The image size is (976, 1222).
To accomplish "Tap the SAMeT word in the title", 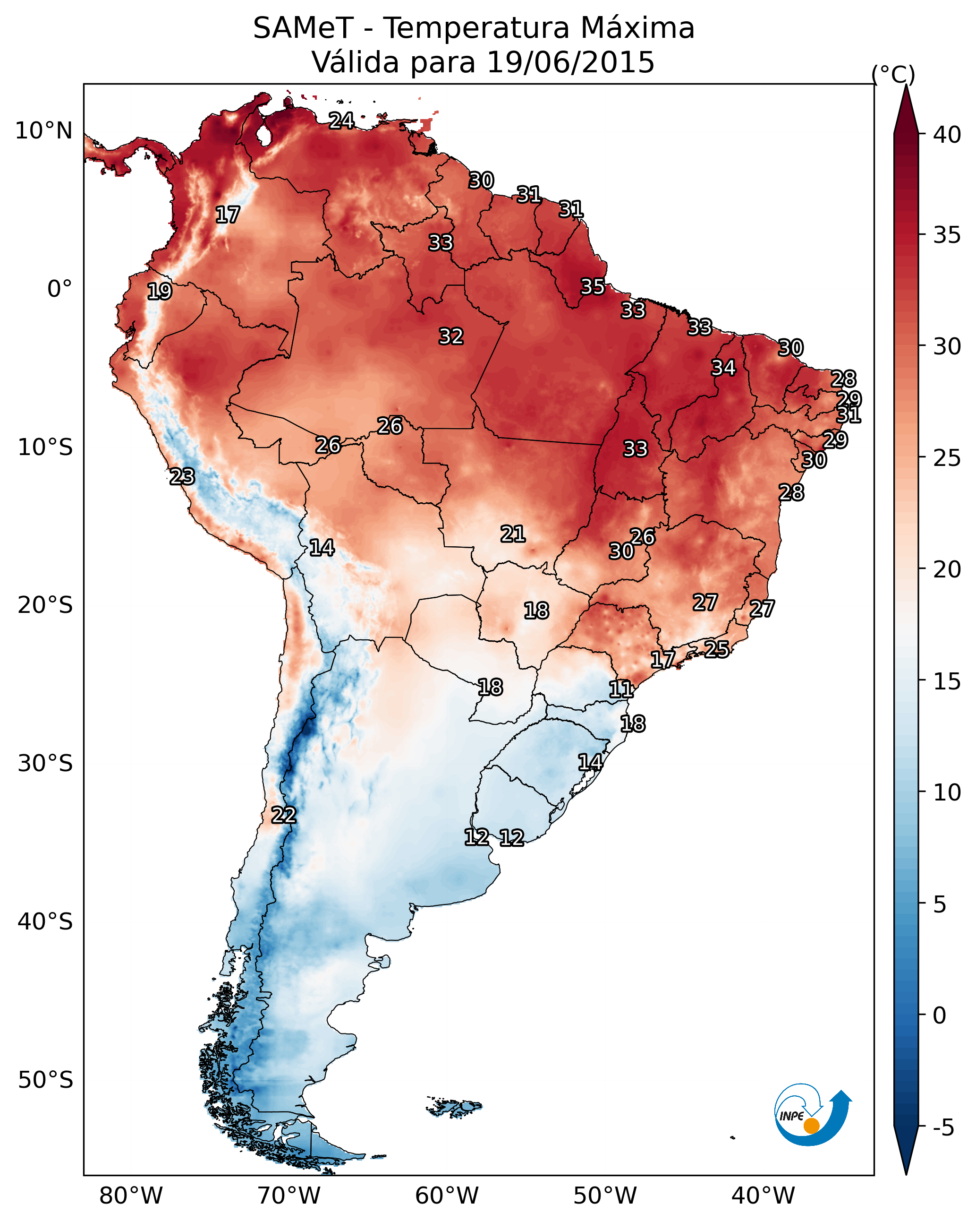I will pos(303,28).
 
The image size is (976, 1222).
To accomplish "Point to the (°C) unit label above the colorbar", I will pos(893,74).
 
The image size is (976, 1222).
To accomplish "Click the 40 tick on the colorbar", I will pos(947,135).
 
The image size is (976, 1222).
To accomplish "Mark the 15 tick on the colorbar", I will pos(947,681).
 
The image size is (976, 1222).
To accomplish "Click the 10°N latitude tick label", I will pos(43,131).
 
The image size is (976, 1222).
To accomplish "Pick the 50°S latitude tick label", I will pos(45,1080).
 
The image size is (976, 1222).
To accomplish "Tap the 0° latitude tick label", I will pos(59,289).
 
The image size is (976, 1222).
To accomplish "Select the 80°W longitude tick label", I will pos(131,1196).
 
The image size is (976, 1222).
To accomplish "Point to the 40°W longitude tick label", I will pos(763,1196).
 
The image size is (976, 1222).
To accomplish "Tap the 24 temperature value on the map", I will pos(341,120).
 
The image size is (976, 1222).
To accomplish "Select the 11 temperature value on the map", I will pos(621,689).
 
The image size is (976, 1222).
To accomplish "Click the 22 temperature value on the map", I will pos(284,815).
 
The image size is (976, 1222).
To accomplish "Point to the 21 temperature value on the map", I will pos(513,534).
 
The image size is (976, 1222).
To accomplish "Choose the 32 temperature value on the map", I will pos(451,336).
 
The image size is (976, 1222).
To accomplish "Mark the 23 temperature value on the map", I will pos(182,477).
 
